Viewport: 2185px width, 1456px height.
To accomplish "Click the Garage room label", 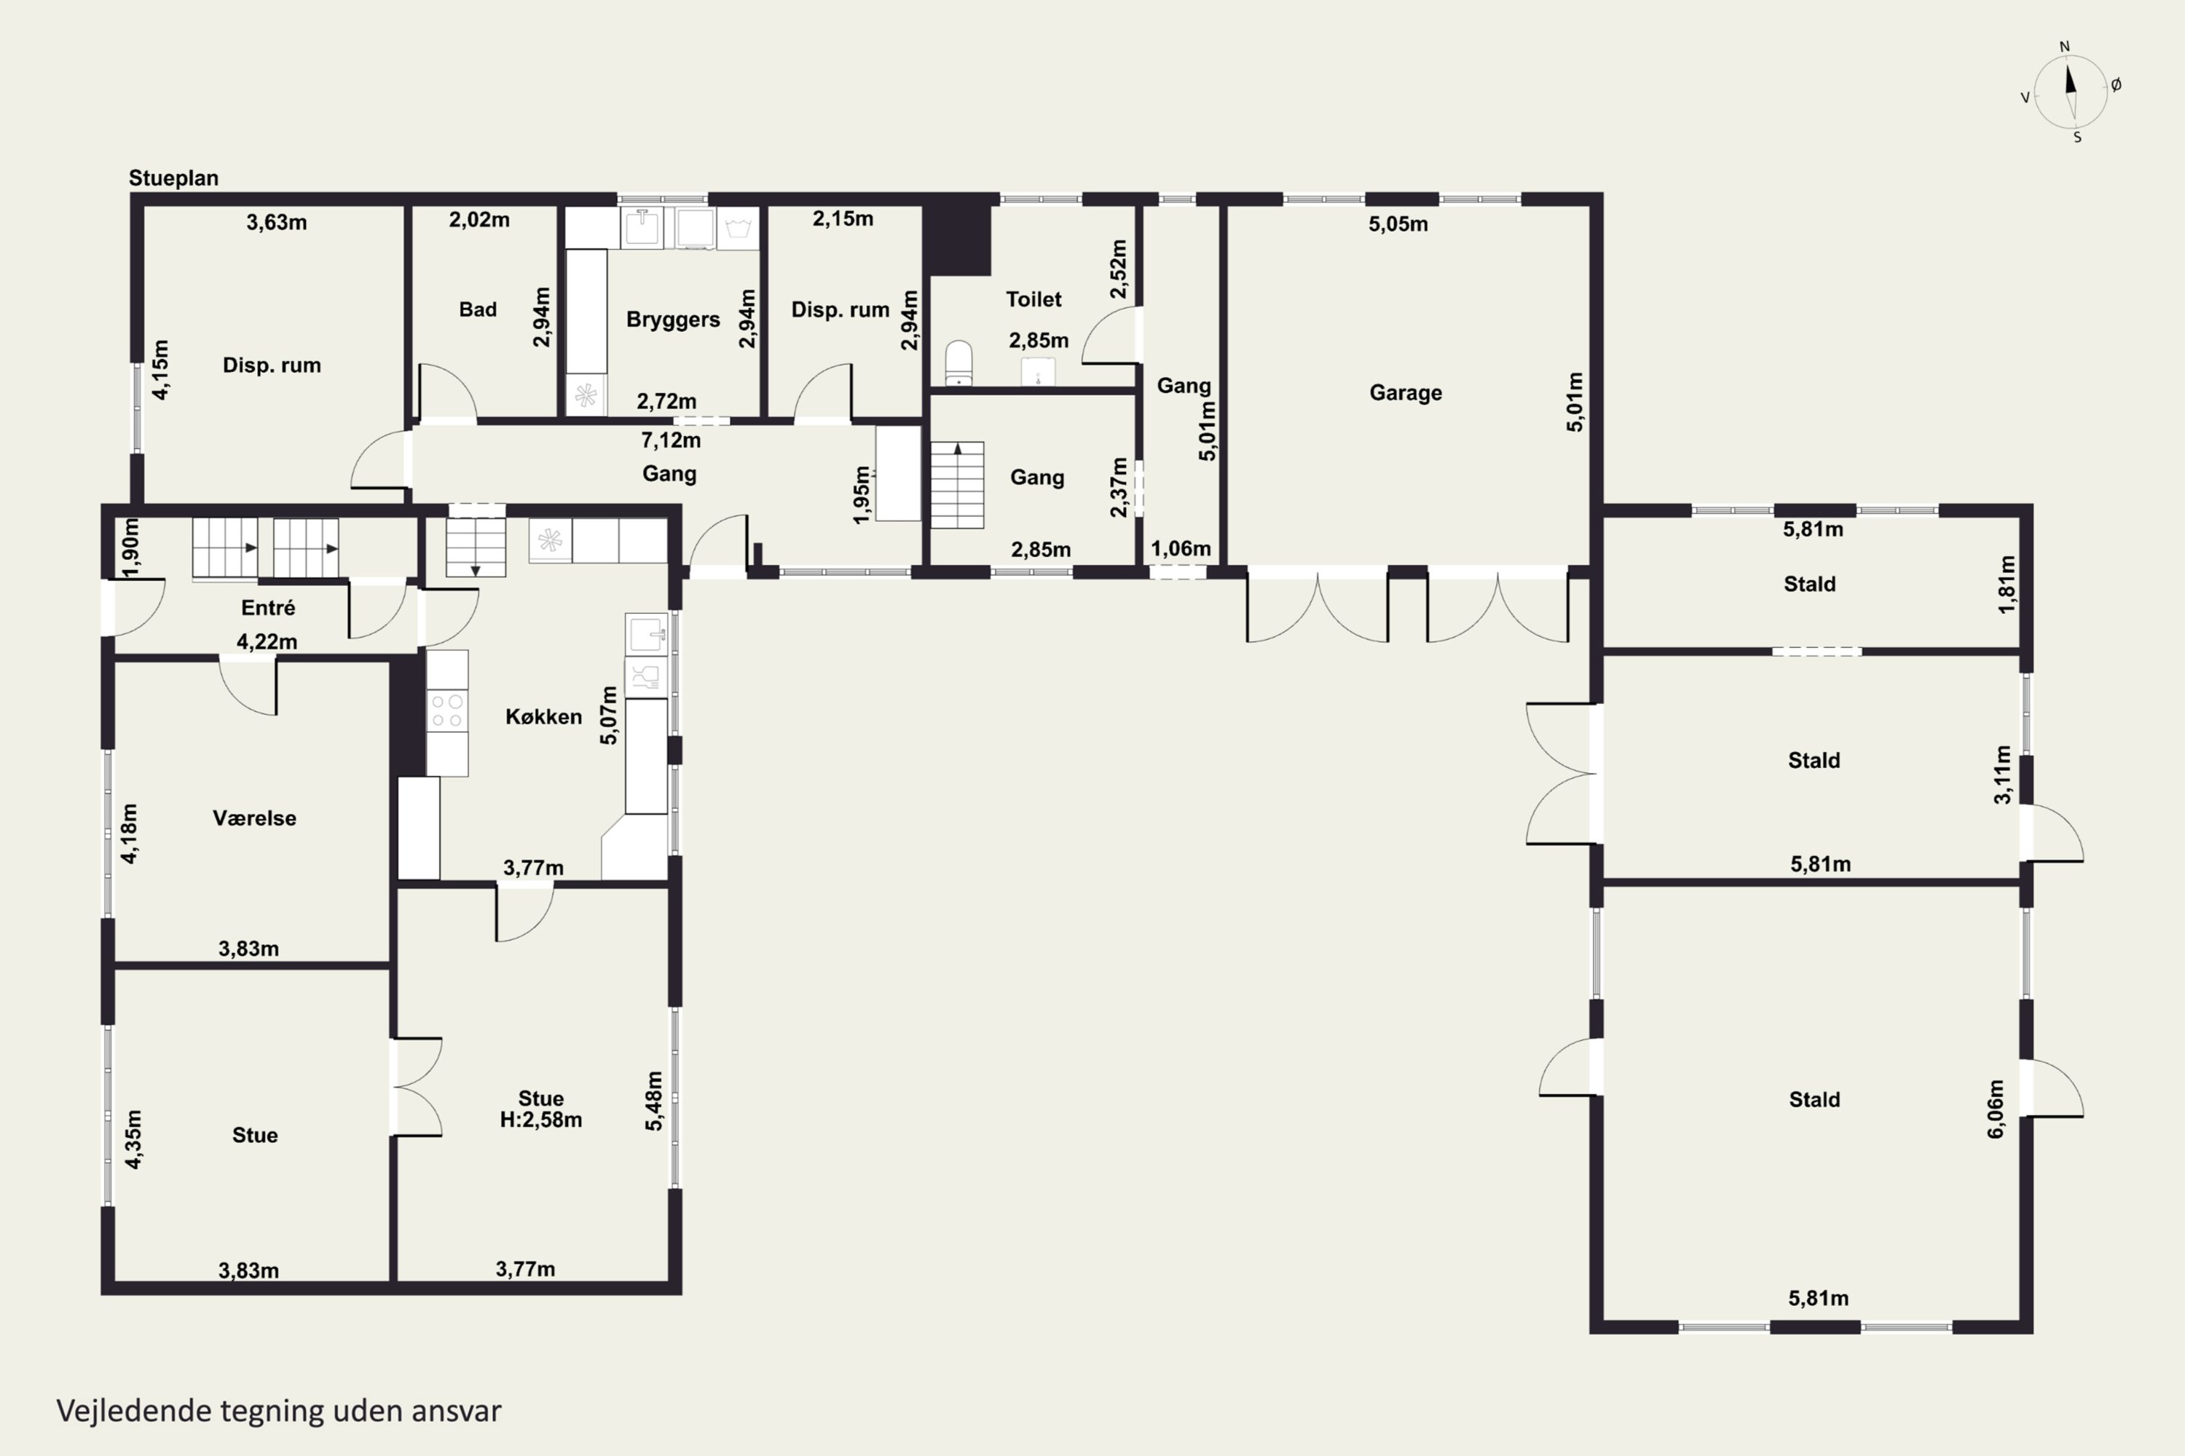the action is (x=1406, y=393).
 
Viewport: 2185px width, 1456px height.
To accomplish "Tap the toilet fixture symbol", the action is (x=958, y=363).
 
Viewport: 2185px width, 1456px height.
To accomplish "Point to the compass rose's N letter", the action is (x=2064, y=47).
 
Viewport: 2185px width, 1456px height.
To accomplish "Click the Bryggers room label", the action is (x=672, y=320).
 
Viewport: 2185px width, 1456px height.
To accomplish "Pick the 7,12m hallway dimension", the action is (x=671, y=440).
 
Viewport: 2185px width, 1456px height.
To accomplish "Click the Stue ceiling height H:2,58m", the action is (x=540, y=1120).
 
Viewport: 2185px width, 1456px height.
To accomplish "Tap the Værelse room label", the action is (x=254, y=818).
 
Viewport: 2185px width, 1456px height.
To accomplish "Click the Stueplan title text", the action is (x=174, y=178).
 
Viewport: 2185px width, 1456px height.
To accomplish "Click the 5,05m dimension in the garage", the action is (x=1398, y=223).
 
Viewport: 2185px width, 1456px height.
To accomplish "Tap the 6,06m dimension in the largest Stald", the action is (x=1996, y=1109).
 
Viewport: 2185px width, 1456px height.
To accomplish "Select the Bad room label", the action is (x=478, y=309).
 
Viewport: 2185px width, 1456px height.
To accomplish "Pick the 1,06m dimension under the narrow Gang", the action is (x=1181, y=549).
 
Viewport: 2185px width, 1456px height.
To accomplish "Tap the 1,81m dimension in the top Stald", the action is (x=2007, y=584).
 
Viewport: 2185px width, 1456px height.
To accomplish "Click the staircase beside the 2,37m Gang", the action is (x=958, y=485).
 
